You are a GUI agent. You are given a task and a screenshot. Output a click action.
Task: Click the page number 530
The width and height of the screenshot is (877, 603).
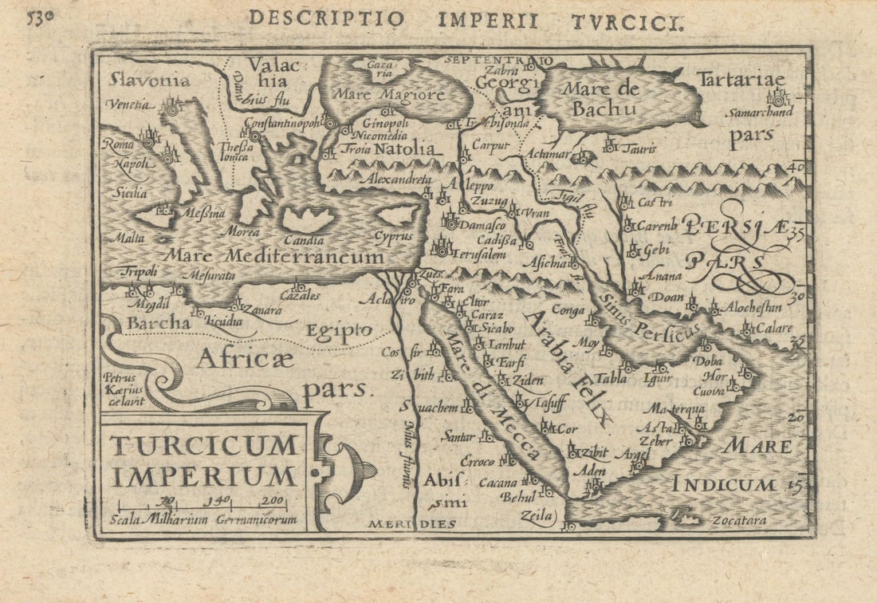click(41, 18)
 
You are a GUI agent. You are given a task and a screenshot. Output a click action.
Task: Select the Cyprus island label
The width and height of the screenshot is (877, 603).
click(394, 236)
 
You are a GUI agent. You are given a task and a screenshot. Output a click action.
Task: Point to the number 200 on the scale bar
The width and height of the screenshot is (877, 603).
click(273, 500)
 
